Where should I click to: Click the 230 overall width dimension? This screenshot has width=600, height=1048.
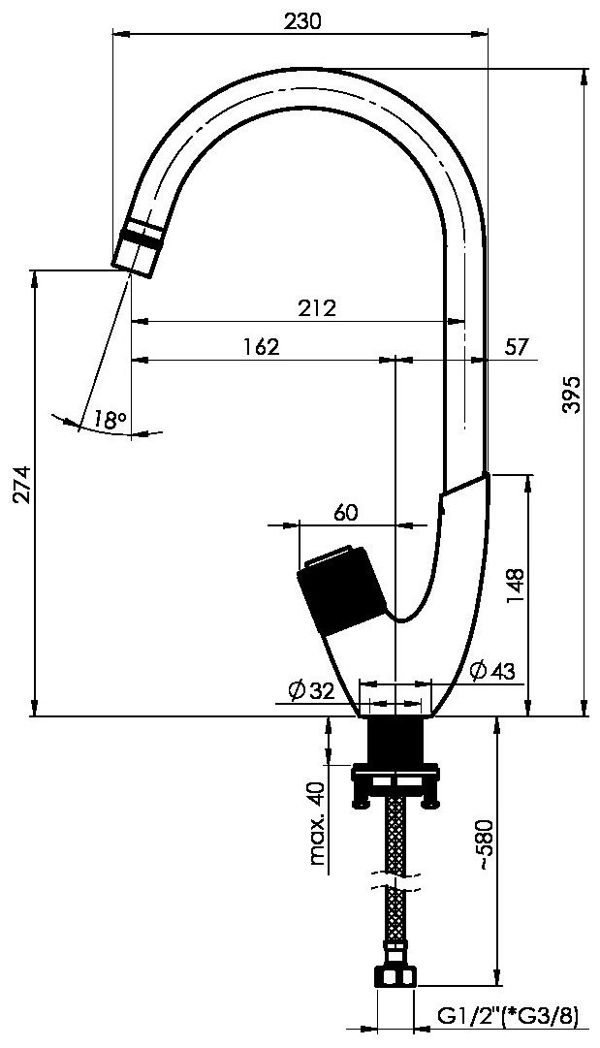302,21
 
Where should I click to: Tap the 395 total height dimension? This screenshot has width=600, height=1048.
573,395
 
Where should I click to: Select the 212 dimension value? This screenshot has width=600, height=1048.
318,308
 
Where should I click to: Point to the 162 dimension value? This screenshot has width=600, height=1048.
260,347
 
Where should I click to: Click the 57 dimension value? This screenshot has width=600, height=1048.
516,347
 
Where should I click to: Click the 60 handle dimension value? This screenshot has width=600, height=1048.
345,513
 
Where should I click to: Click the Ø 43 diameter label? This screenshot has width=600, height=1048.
492,670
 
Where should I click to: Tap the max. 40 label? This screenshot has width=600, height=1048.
319,823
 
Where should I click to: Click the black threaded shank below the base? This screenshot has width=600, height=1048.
395,740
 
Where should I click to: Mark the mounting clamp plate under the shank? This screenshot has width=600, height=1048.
395,782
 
